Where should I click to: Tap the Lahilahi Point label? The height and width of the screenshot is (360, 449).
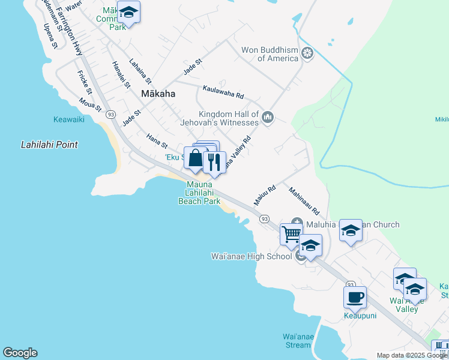[49, 145]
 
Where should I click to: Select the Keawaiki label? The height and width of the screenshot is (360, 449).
[68, 119]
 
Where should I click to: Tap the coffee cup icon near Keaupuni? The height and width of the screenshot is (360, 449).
[355, 296]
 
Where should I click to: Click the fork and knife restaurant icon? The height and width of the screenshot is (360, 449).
[214, 161]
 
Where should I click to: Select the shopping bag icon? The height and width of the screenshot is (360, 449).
[196, 158]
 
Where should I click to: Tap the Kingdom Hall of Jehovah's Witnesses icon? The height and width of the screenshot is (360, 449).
[268, 117]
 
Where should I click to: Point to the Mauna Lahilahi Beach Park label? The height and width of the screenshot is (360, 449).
[199, 193]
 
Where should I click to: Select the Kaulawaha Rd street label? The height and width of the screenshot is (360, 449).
[223, 92]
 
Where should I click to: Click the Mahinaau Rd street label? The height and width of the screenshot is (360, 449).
[304, 203]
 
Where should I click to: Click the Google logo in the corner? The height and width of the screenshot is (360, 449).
[20, 353]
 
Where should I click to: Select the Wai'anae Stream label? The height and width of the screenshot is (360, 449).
[298, 341]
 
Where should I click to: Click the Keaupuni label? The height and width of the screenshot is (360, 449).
[360, 315]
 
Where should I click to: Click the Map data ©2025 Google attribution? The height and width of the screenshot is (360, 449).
[412, 355]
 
